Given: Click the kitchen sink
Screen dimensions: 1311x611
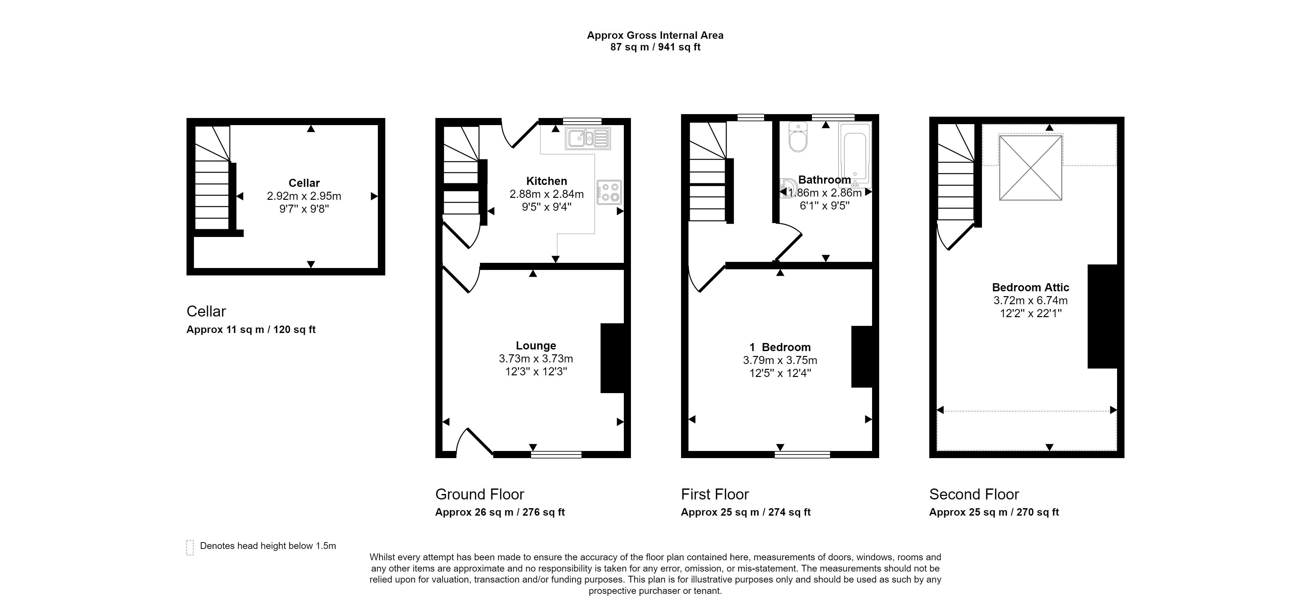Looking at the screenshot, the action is (588, 138).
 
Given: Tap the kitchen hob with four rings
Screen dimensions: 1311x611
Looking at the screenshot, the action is (609, 192).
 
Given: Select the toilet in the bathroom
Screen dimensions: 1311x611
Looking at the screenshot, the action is (798, 136).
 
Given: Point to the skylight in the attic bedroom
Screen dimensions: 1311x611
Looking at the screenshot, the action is (1030, 167).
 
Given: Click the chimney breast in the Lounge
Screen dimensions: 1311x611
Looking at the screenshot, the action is (612, 358).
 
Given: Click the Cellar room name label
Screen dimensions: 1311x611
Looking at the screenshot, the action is (304, 183).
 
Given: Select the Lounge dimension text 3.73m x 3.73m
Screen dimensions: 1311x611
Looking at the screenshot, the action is (536, 359).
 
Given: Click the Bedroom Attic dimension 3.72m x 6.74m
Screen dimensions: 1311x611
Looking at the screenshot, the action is (1030, 300).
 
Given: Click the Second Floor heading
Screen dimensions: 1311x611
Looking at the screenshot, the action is (974, 494).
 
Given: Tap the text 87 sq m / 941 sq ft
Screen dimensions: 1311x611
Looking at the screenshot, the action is (655, 47).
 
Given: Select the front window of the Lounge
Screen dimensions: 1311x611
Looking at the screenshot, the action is (556, 455).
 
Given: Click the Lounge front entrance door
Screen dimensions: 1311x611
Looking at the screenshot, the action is (475, 441).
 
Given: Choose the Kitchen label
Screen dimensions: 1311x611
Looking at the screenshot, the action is (547, 181).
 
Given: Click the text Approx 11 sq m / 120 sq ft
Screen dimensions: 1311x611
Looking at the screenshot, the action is (251, 329).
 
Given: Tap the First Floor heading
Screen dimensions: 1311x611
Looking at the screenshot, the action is (715, 494).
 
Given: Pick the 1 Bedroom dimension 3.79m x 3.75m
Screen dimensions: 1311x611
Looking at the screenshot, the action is (780, 360).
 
